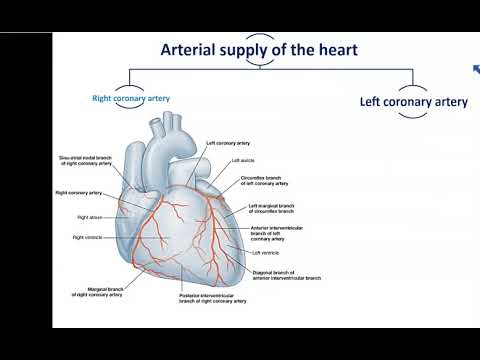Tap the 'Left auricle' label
click(243, 160)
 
